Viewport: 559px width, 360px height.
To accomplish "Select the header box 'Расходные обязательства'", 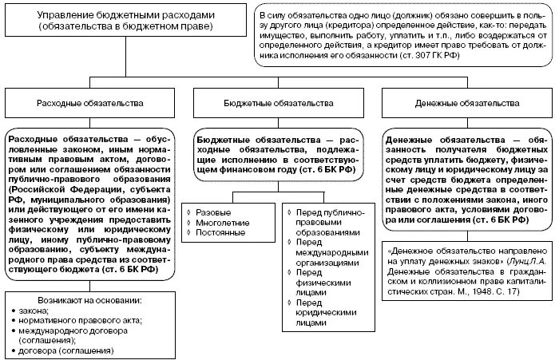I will pos(89,104).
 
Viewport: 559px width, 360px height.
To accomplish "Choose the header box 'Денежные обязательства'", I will pos(468,104).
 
